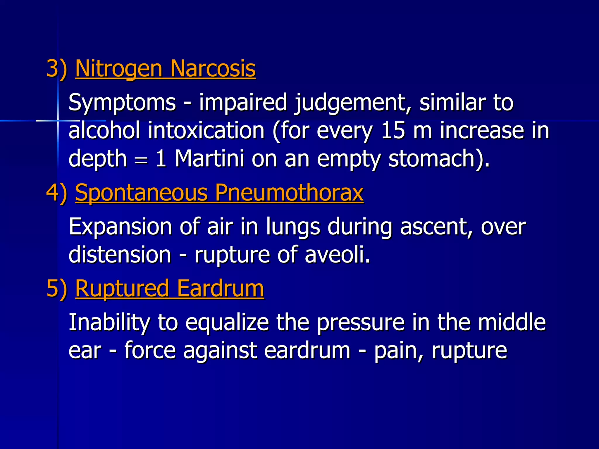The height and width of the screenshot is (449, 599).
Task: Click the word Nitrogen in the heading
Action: point(119,69)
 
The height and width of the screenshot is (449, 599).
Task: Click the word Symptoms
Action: point(122,103)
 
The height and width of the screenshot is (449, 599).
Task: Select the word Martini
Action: point(209,158)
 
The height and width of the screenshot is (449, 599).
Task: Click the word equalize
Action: point(227,323)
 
